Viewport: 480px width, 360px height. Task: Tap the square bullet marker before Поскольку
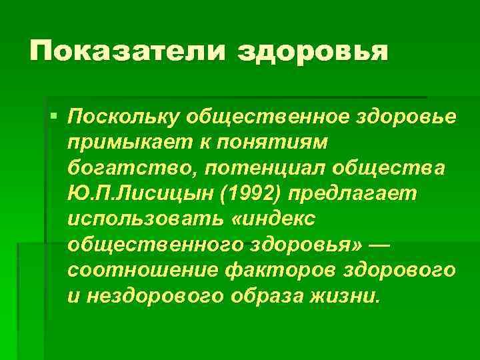click(x=53, y=117)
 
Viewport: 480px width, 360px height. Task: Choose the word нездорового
click(x=153, y=294)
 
